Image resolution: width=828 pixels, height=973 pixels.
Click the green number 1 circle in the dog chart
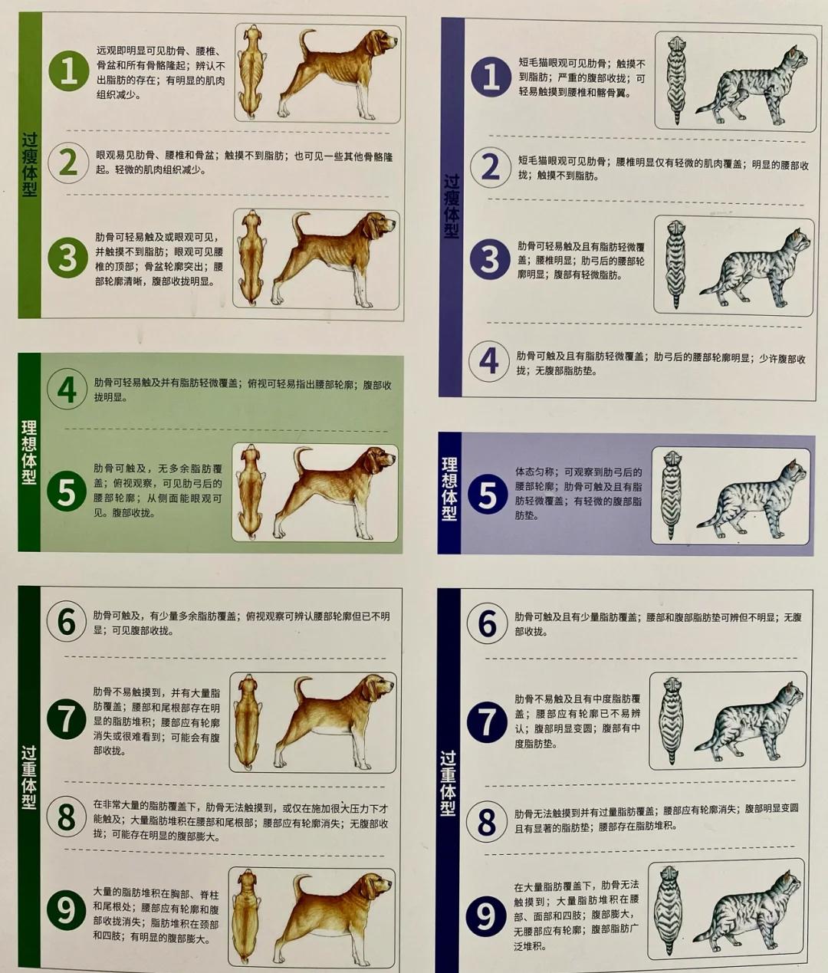click(x=69, y=71)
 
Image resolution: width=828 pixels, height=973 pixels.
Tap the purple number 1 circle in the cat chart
click(x=491, y=77)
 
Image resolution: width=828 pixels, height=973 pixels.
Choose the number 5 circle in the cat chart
click(x=488, y=495)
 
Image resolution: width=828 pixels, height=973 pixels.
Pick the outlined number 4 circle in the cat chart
click(x=489, y=360)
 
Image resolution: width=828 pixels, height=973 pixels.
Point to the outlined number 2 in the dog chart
click(x=68, y=163)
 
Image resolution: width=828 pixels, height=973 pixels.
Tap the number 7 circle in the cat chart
click(x=488, y=722)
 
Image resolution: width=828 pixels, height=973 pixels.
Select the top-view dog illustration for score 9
click(x=246, y=915)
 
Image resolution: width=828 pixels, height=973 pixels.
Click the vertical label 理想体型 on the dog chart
click(x=29, y=452)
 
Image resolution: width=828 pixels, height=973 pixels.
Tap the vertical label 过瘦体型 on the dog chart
click(x=30, y=164)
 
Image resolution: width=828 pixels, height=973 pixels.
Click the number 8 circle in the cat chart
click(x=487, y=822)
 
